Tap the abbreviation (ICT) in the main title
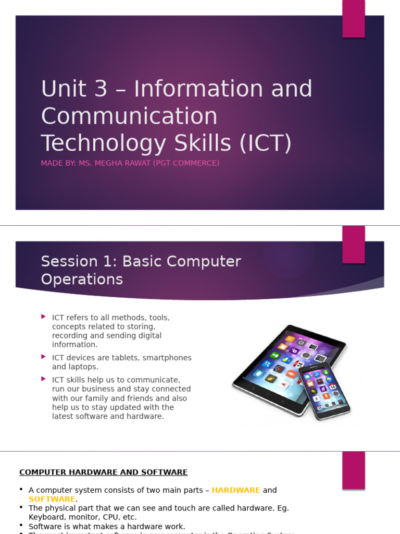265,143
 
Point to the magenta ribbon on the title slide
353,19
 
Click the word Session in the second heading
69,261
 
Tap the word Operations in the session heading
82,280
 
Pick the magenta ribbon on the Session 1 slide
353,245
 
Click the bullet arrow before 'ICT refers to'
44,317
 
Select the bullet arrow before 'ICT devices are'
44,357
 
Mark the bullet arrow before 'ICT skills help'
44,379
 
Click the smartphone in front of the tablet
324,391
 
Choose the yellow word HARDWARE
236,490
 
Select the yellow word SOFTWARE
52,499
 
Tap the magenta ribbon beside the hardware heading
353,470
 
